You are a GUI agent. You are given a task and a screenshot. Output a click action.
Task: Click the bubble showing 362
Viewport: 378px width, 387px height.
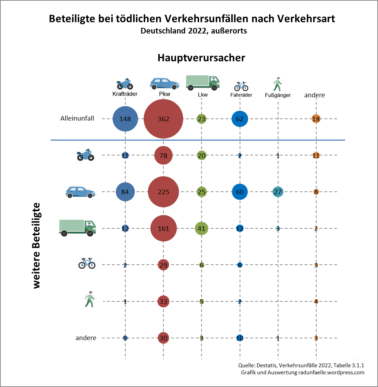click(163, 119)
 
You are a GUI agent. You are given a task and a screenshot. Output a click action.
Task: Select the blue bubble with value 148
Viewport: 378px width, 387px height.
click(125, 119)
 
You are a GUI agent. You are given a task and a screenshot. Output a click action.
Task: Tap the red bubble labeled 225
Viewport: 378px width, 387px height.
click(163, 192)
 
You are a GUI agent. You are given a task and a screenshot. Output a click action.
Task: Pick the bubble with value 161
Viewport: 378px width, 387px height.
click(163, 228)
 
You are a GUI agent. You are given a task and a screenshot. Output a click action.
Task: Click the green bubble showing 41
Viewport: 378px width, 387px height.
click(202, 228)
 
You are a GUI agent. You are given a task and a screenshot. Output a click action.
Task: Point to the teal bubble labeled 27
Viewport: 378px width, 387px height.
click(278, 192)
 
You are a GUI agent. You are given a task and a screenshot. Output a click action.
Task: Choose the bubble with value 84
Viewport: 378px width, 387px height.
click(125, 192)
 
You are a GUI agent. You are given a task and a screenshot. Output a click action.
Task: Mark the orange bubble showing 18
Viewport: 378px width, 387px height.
click(316, 119)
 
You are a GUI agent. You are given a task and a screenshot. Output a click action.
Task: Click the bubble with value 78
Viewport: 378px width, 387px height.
click(163, 155)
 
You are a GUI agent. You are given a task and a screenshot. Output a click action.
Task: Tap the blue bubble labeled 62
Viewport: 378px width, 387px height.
click(240, 119)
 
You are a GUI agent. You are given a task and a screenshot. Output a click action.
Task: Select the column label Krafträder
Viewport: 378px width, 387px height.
click(125, 94)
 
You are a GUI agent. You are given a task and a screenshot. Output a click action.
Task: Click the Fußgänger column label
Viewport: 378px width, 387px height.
click(278, 95)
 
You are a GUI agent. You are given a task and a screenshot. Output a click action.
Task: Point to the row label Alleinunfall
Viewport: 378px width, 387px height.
click(77, 118)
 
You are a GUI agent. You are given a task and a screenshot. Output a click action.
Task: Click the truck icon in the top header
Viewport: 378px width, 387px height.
click(202, 82)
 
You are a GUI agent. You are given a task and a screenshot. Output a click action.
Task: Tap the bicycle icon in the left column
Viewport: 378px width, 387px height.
click(87, 263)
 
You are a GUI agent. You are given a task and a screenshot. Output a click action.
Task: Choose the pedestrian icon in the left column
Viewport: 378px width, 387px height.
click(90, 300)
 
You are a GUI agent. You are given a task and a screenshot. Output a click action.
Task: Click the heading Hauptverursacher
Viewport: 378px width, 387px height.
click(201, 58)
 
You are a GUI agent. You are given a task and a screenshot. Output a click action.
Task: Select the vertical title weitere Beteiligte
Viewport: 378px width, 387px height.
click(37, 246)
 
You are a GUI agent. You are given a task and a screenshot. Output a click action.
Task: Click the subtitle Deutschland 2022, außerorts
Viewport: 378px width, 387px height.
click(193, 31)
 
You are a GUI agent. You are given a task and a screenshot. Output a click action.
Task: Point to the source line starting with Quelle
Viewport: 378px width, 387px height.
click(301, 365)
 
